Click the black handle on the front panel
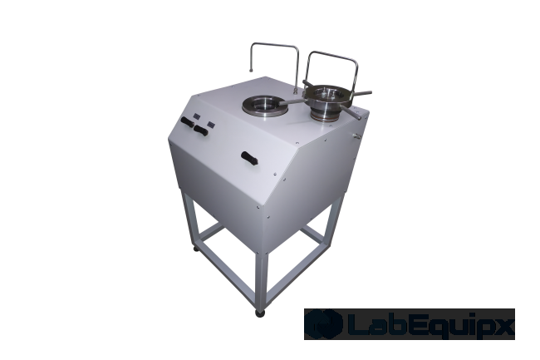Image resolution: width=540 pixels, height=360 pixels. [248, 157]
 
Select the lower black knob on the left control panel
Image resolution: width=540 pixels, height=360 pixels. [199, 131]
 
